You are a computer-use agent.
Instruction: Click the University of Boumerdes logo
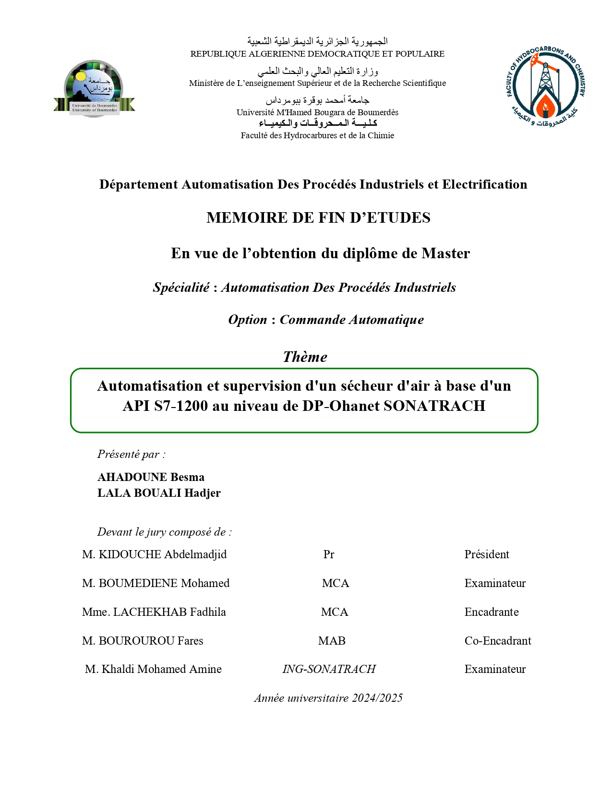(x=94, y=89)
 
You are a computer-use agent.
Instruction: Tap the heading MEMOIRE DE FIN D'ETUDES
(x=318, y=217)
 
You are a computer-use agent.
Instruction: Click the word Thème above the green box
(x=305, y=357)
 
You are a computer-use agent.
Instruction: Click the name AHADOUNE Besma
(x=151, y=477)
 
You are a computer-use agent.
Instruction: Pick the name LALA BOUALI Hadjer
(x=159, y=493)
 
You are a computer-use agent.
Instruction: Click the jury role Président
(x=486, y=554)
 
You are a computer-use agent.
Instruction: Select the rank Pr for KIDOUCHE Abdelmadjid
(x=328, y=554)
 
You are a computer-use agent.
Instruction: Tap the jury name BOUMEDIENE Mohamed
(x=164, y=583)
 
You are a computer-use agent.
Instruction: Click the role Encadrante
(x=491, y=612)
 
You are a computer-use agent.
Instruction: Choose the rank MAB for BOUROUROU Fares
(x=332, y=641)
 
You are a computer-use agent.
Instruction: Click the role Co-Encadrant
(x=498, y=641)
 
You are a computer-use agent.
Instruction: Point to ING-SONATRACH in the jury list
(x=329, y=669)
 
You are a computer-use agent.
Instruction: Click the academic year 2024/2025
(x=377, y=698)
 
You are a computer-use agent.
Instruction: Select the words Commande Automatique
(x=352, y=320)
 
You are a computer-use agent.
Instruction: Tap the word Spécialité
(x=181, y=288)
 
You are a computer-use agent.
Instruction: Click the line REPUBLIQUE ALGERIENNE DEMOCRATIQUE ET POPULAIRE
(x=317, y=54)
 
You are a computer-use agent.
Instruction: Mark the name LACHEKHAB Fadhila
(x=169, y=612)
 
